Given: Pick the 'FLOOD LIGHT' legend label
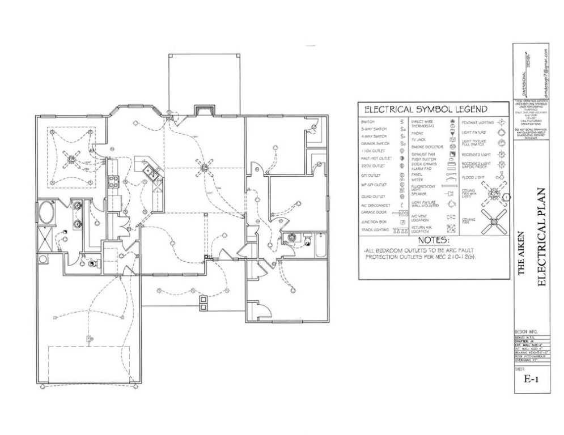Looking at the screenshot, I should coord(473,177).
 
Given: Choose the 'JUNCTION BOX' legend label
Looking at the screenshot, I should coord(374,222).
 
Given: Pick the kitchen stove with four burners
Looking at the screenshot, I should coord(113,182).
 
